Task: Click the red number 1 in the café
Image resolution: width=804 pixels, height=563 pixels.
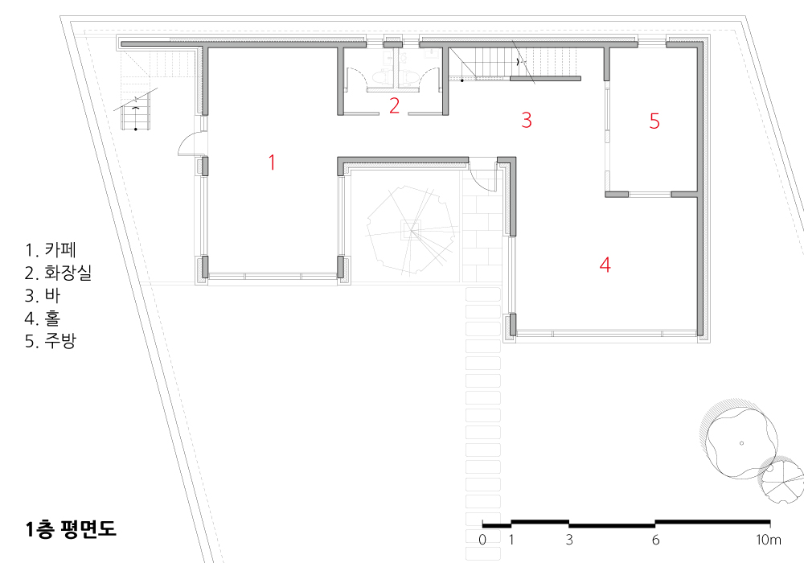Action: coord(273,162)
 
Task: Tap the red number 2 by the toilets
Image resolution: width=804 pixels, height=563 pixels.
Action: coord(394,105)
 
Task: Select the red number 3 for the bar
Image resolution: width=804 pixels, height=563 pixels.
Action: coord(527,120)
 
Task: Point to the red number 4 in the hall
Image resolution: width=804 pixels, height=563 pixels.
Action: coord(605,265)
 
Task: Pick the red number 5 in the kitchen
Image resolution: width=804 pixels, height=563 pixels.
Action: coord(654,121)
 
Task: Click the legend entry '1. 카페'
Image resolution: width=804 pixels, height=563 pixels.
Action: coord(51,249)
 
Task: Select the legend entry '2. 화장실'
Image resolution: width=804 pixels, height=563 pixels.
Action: coord(59,273)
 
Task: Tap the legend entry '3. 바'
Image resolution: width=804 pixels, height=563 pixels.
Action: coord(43,295)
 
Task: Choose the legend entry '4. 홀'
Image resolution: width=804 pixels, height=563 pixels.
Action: coord(43,318)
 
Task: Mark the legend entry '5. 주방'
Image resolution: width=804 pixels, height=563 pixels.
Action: coord(51,341)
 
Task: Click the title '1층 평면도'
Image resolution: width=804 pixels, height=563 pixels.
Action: coord(71,528)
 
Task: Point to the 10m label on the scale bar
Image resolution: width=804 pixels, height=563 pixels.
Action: coord(769,540)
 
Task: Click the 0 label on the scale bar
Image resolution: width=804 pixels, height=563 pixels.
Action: coord(482,540)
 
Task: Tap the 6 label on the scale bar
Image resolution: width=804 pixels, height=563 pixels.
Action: coord(655,540)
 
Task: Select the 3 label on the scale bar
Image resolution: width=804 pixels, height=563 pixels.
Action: coord(569,540)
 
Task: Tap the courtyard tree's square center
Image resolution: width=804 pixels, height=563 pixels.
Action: coord(411,230)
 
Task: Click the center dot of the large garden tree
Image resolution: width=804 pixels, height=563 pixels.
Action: coord(741,443)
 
